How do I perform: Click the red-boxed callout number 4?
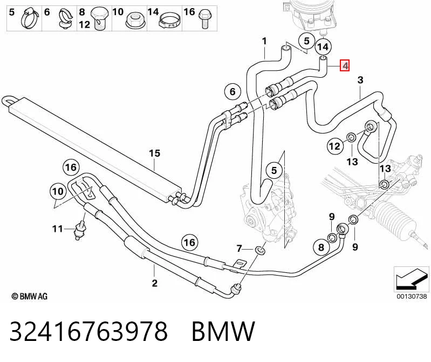coord(345,65)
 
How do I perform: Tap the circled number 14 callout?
coord(323,47)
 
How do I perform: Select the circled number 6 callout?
coord(232,91)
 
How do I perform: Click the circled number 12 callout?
coord(335,146)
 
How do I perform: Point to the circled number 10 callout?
coord(58,191)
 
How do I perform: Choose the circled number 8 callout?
coord(321,247)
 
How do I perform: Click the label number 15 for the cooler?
coord(154,153)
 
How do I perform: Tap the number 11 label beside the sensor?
coord(57,229)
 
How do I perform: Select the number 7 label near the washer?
coord(239,249)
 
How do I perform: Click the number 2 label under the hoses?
coord(155,283)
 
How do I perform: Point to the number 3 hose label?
coord(360,80)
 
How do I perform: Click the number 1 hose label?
coord(264,41)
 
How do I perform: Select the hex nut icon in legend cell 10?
coord(135,21)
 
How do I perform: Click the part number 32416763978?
coord(88,331)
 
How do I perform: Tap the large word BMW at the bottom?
coord(223,331)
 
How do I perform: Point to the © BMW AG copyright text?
coord(30,297)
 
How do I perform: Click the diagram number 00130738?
coord(412,296)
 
